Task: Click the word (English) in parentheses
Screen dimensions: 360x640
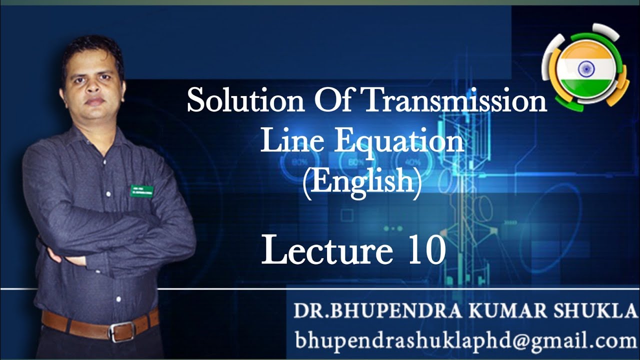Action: click(362, 182)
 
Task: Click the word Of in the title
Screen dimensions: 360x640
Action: click(332, 101)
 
